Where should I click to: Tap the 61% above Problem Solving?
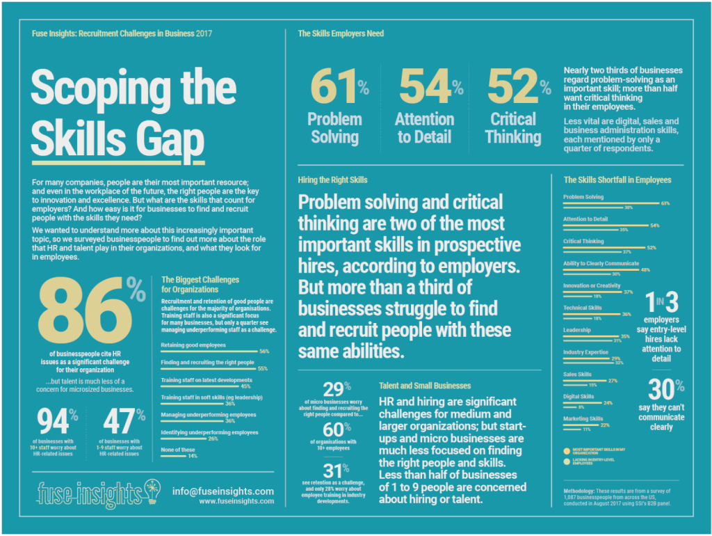335,86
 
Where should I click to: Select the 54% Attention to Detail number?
425,86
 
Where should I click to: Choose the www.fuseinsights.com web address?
236,501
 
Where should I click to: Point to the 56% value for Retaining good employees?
264,351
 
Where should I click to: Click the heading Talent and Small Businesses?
425,385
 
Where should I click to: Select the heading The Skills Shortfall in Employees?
617,180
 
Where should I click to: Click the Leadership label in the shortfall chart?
576,330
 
